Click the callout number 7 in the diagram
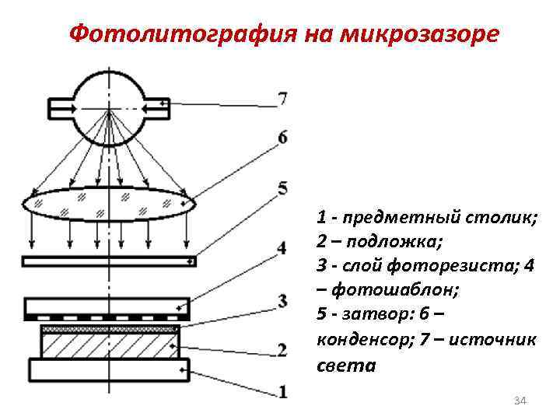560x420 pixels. (x=282, y=99)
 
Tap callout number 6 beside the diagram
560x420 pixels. (x=282, y=138)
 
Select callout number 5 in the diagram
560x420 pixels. (x=282, y=187)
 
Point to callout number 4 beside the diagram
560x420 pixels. (x=282, y=248)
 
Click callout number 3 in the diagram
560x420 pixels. (x=282, y=300)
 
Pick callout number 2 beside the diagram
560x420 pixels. (x=282, y=349)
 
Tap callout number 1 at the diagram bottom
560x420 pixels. (x=282, y=391)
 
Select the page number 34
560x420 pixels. (x=521, y=401)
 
